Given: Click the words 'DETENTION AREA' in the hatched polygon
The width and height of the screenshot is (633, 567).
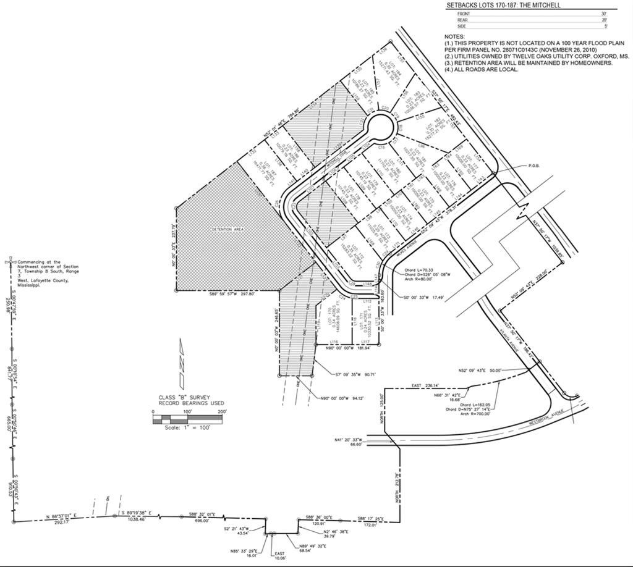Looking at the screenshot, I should point(227,229).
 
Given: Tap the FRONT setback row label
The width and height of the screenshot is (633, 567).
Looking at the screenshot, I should point(464,13).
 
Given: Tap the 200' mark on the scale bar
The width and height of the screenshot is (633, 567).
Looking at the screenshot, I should point(222,411).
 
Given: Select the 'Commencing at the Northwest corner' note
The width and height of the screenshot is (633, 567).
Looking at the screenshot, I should point(48,272).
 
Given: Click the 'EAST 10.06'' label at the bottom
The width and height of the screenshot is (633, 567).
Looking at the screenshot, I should point(281,555).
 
